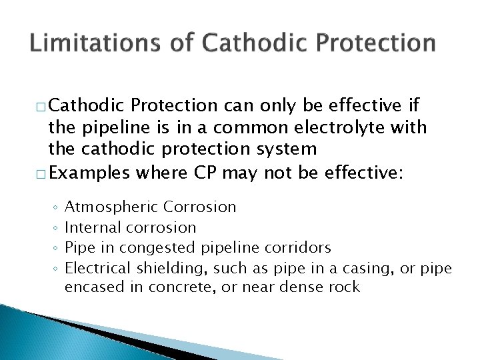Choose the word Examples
90,173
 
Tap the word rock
345,287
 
